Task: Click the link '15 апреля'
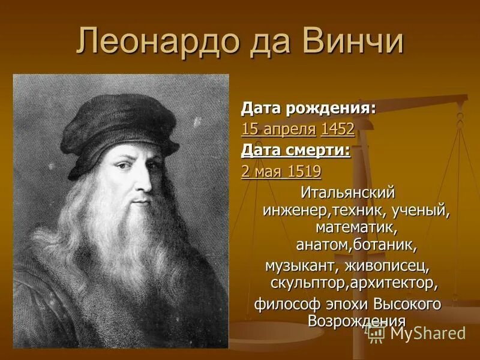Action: point(278,129)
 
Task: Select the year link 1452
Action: point(337,129)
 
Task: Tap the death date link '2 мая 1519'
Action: point(281,172)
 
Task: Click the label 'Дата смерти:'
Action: point(295,150)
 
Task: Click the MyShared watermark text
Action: point(427,333)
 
